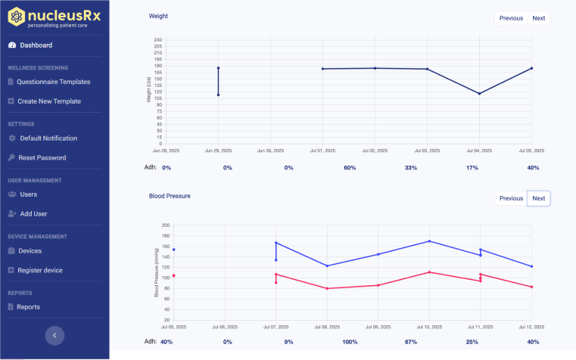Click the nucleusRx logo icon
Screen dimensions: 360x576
pos(15,14)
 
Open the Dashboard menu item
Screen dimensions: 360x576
pos(36,45)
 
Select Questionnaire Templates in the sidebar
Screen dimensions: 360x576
pos(53,82)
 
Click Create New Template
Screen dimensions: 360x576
pos(48,101)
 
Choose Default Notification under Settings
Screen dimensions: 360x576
pos(48,138)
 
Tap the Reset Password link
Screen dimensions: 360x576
pos(42,158)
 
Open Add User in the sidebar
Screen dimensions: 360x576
pos(33,214)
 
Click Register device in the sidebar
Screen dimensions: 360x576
pos(39,270)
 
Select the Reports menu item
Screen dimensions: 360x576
pos(28,307)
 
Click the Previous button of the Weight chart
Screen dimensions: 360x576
pos(511,18)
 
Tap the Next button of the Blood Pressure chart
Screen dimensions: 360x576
pos(539,199)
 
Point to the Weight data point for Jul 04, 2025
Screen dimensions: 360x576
pos(479,94)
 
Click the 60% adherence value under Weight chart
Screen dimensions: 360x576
pos(350,168)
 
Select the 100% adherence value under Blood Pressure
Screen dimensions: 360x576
pos(350,342)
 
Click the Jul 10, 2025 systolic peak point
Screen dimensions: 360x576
pos(429,241)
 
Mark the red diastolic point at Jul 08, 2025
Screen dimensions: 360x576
pos(327,288)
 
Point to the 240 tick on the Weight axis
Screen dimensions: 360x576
pos(158,39)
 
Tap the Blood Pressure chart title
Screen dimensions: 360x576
pos(170,196)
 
